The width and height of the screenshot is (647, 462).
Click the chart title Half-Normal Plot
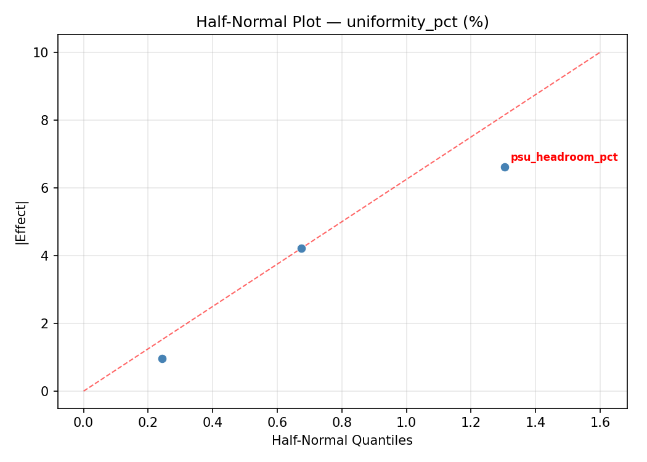[342, 22]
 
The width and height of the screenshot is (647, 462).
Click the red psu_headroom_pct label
[564, 157]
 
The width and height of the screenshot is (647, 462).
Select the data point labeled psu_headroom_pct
[505, 167]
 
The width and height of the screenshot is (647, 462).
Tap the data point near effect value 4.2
[301, 248]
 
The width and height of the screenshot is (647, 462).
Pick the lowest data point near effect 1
[162, 359]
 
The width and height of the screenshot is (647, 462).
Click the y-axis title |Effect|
[22, 222]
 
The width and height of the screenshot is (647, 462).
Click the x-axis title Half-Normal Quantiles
[342, 440]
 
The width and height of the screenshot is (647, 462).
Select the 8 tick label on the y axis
[45, 120]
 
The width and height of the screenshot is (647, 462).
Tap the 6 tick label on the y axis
[45, 188]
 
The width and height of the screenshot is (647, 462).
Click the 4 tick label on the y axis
[45, 256]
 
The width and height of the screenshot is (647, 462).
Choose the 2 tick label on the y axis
[45, 323]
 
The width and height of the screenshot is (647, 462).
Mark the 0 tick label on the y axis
[45, 391]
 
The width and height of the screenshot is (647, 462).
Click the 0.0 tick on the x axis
[83, 422]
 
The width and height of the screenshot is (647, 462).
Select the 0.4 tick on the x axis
[213, 422]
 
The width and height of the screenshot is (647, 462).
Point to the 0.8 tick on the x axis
[341, 422]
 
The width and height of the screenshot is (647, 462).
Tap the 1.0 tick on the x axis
[406, 422]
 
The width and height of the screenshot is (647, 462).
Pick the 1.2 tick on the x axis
[471, 422]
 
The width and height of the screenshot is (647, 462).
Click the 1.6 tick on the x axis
[600, 422]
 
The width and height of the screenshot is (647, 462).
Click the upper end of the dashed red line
[600, 52]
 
